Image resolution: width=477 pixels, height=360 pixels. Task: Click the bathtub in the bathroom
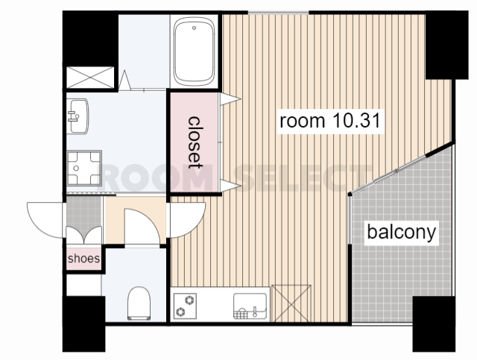[x=194, y=51]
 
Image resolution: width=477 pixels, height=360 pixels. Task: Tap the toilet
[x=139, y=303]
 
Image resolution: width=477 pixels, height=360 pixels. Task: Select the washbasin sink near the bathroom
[x=78, y=116]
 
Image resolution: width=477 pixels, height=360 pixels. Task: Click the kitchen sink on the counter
[x=250, y=306]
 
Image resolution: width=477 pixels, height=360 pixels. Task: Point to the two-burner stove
[x=185, y=306]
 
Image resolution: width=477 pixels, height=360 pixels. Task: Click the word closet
[x=195, y=142]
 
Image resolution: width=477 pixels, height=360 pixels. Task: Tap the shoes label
[x=83, y=259]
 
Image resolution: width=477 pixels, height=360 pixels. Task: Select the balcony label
[x=402, y=233]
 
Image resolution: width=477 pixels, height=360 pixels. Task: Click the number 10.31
[x=357, y=120]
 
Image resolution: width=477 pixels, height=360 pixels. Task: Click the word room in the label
[x=303, y=121]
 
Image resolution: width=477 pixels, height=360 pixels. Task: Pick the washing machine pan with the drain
[x=84, y=168]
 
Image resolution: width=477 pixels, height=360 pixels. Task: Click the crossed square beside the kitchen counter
[x=291, y=303]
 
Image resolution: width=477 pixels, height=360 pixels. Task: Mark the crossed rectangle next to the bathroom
[x=90, y=78]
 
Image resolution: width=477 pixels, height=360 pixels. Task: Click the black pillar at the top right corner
[x=446, y=45]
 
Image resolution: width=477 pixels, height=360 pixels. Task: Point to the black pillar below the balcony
[x=434, y=323]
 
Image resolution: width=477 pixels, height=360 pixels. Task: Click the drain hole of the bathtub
[x=194, y=28]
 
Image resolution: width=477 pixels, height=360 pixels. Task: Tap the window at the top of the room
[x=278, y=13]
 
